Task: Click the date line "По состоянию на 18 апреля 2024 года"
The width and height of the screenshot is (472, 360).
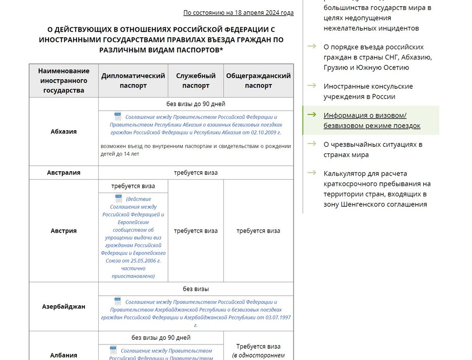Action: click(x=238, y=13)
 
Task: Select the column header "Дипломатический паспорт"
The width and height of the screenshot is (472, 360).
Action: click(x=133, y=81)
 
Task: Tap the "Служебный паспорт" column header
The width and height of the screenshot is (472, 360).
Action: click(x=195, y=81)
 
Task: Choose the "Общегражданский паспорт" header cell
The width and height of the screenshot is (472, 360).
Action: click(x=258, y=81)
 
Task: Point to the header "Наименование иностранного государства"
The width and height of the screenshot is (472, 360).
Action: click(x=64, y=81)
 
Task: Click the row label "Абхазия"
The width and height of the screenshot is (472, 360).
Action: click(x=64, y=132)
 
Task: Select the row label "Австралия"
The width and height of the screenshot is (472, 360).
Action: click(x=64, y=173)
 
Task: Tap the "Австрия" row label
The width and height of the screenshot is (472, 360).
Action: click(x=64, y=231)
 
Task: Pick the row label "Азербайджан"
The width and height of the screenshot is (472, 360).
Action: click(x=64, y=307)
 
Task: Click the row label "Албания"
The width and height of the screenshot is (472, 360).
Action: click(x=64, y=355)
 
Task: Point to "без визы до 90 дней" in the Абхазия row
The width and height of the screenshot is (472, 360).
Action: click(x=196, y=104)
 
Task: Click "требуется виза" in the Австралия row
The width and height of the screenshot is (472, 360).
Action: click(x=196, y=173)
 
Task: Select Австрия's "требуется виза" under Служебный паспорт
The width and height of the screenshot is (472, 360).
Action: click(x=196, y=231)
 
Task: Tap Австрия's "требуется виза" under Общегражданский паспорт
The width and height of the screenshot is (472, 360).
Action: click(x=258, y=231)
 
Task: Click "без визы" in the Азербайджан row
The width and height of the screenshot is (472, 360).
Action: click(x=196, y=289)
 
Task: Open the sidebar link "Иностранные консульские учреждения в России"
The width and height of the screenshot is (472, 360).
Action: click(x=368, y=92)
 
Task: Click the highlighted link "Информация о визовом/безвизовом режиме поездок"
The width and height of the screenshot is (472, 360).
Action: click(x=371, y=120)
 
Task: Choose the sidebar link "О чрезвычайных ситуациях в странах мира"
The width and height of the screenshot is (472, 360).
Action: click(x=373, y=150)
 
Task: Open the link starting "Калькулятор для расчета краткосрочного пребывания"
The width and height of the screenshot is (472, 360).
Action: click(x=377, y=189)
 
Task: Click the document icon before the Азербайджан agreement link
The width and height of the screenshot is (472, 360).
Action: click(x=118, y=301)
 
